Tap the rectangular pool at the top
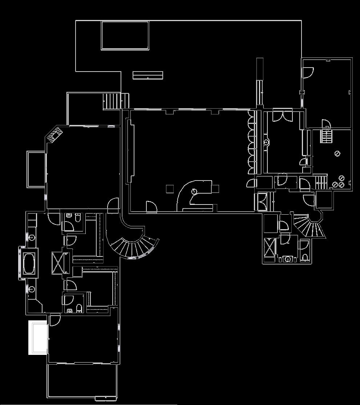click(125, 35)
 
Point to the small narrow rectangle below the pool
click(147, 75)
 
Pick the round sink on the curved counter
click(194, 191)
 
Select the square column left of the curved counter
click(170, 189)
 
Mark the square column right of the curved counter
click(215, 189)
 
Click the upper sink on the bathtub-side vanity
click(32, 238)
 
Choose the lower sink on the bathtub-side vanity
click(32, 289)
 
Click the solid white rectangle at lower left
click(38, 337)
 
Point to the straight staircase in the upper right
click(326, 137)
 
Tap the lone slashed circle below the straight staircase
click(337, 154)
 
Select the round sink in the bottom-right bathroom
click(288, 259)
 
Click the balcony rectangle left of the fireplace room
click(36, 169)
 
